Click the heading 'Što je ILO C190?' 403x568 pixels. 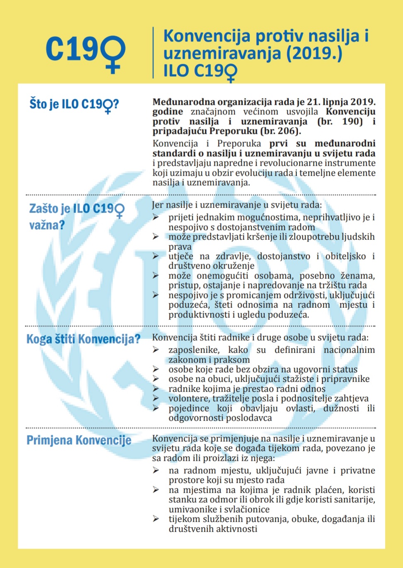(x=74, y=104)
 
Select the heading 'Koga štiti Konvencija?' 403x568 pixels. (x=83, y=339)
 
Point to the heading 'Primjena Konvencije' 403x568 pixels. (x=79, y=440)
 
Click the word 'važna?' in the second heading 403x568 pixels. (x=47, y=225)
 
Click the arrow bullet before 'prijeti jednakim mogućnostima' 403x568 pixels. (x=156, y=217)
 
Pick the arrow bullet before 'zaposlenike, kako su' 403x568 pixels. (x=156, y=350)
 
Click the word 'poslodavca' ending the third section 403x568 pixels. (x=249, y=418)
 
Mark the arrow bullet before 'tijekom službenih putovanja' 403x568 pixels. (x=156, y=519)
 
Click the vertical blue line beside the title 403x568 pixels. (x=153, y=53)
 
